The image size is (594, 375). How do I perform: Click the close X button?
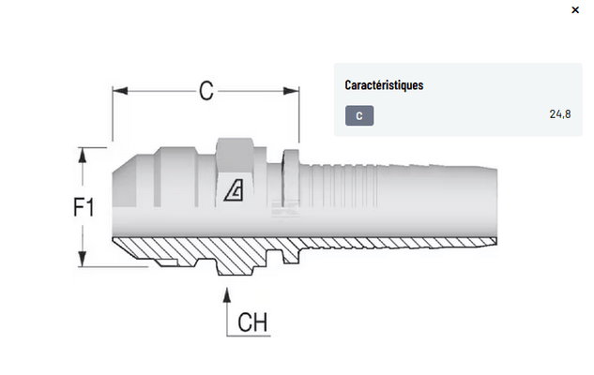click(x=575, y=9)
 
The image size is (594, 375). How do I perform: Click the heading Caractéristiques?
click(x=384, y=85)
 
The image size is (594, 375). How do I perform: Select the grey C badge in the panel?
click(x=359, y=116)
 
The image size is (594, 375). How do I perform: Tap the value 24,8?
click(x=559, y=113)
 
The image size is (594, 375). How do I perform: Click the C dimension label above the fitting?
click(x=206, y=90)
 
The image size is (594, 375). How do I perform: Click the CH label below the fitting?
click(x=252, y=322)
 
